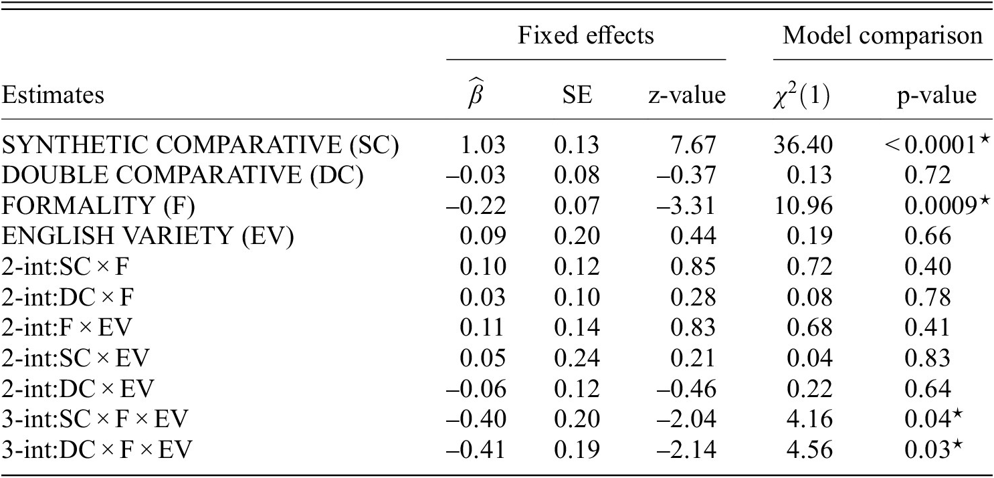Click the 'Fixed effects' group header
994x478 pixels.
coord(586,35)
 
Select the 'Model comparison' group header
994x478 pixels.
coord(882,35)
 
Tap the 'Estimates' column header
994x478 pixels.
coord(54,96)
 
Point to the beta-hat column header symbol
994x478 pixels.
coord(476,94)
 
